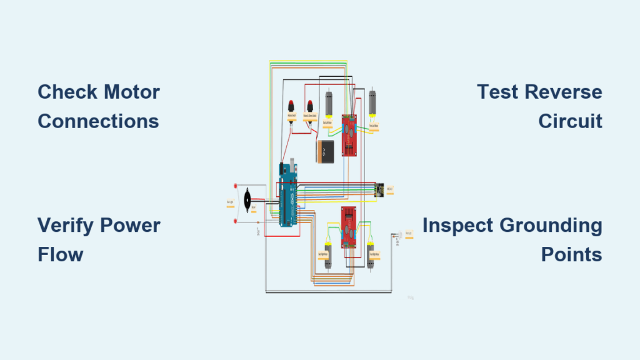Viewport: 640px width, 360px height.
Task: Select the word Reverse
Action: (x=563, y=92)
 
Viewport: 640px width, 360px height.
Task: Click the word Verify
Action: (x=72, y=226)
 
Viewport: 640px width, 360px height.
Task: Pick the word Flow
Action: (x=60, y=254)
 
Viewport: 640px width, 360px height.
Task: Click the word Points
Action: (x=571, y=254)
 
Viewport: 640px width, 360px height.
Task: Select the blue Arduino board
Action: (x=288, y=196)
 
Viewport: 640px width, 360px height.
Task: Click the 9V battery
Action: (x=325, y=151)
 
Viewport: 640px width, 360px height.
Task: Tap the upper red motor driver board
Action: (x=349, y=135)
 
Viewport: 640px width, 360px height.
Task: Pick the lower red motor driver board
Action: (x=348, y=227)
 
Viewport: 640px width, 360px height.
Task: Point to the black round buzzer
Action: (x=247, y=200)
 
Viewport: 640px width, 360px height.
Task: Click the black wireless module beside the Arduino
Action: (x=379, y=189)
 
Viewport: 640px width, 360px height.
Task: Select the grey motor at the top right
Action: (x=372, y=104)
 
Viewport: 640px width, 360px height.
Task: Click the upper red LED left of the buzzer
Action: (x=236, y=186)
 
